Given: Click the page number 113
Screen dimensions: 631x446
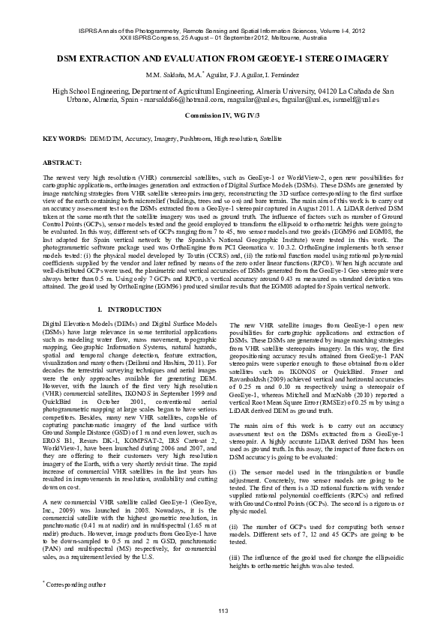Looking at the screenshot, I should [x=223, y=612].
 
